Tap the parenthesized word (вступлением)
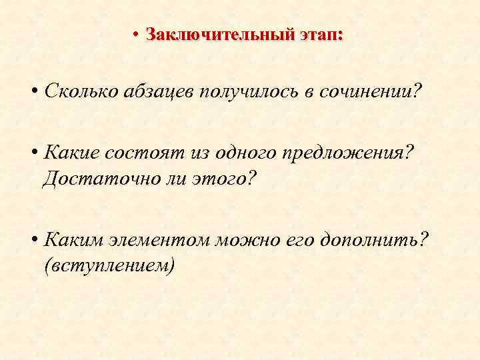[109, 266]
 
